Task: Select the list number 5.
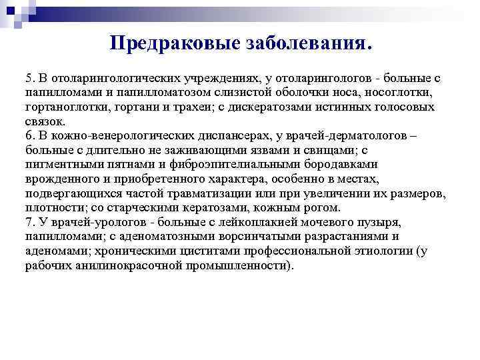tap(29, 79)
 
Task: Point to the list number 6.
tap(29, 136)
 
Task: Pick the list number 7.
tap(29, 221)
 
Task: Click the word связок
tap(45, 122)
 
